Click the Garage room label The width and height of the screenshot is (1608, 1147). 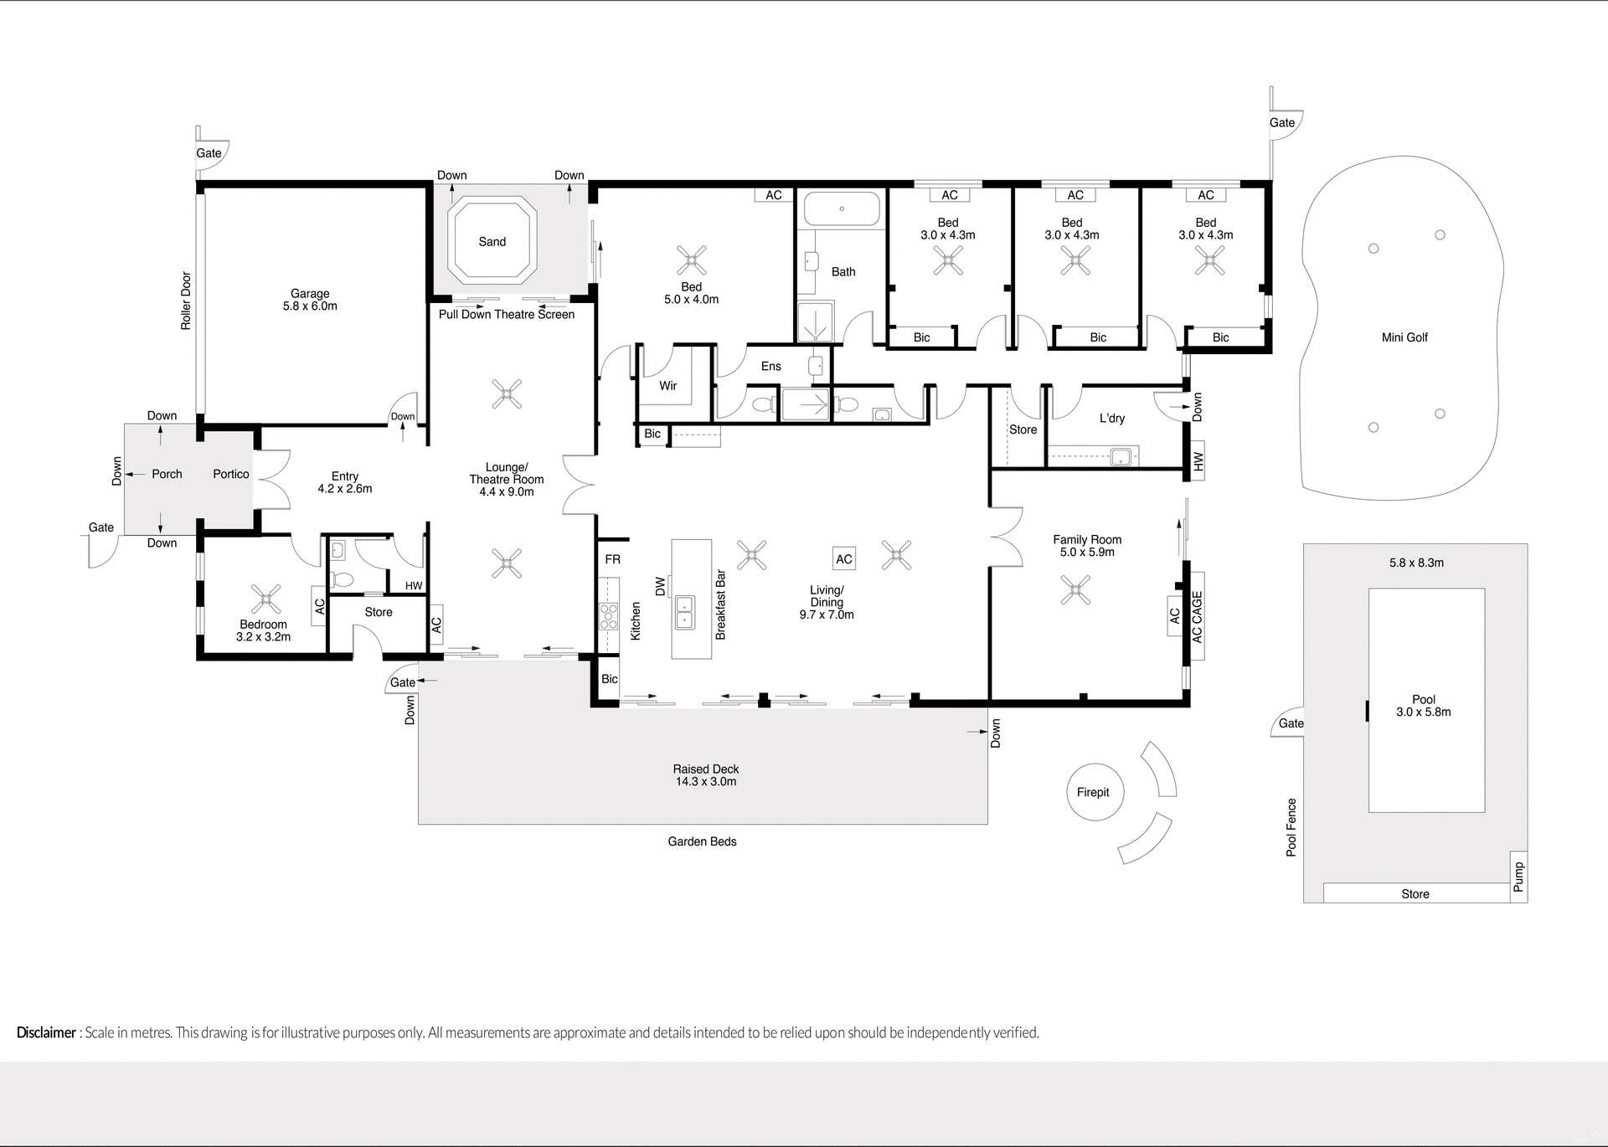pyautogui.click(x=310, y=294)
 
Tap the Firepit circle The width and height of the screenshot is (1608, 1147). pyautogui.click(x=1093, y=792)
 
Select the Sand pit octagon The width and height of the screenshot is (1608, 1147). pyautogui.click(x=492, y=242)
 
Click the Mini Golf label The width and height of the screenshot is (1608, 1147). pyautogui.click(x=1404, y=337)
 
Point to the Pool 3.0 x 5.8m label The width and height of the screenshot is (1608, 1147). pyautogui.click(x=1423, y=706)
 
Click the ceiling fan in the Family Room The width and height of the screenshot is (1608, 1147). pyautogui.click(x=1075, y=589)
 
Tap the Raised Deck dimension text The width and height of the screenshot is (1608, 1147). pyautogui.click(x=705, y=782)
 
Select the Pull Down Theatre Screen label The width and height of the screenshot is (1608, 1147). pyautogui.click(x=507, y=315)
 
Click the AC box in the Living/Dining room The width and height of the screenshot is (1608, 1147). pyautogui.click(x=844, y=559)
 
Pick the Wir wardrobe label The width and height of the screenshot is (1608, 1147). pyautogui.click(x=667, y=386)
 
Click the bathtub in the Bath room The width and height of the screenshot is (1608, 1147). pyautogui.click(x=842, y=208)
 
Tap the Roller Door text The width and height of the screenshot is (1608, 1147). pyautogui.click(x=186, y=301)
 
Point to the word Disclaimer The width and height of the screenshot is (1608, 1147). pyautogui.click(x=46, y=1032)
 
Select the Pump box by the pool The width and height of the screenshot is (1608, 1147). pyautogui.click(x=1518, y=877)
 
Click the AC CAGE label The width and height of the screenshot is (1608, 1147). pyautogui.click(x=1197, y=617)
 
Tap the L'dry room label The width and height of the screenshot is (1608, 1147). pyautogui.click(x=1111, y=419)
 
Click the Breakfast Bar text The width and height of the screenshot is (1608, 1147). pyautogui.click(x=720, y=604)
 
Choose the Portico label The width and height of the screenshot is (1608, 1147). pyautogui.click(x=230, y=474)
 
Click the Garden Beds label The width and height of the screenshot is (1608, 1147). pyautogui.click(x=702, y=841)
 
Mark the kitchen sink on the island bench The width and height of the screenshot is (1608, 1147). pyautogui.click(x=685, y=612)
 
